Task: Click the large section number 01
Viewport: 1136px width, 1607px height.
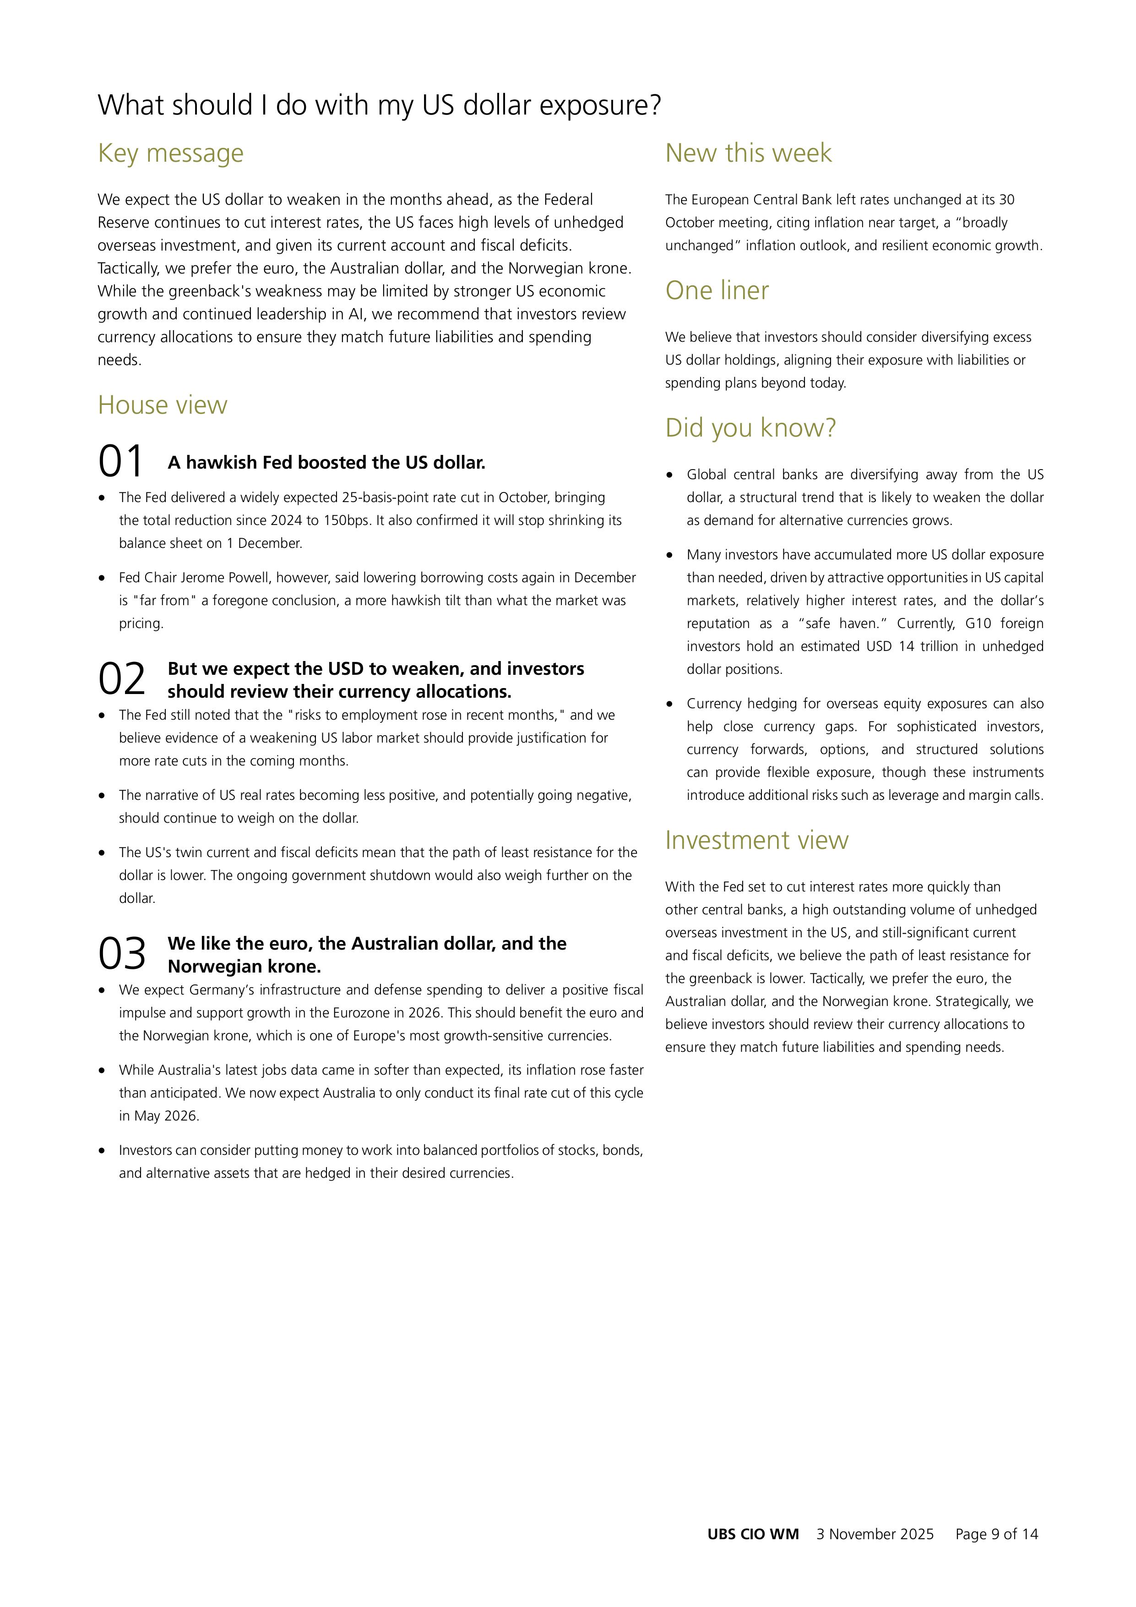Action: pos(121,461)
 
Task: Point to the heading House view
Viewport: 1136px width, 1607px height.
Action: pos(162,404)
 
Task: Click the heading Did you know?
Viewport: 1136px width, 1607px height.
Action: pos(750,428)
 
